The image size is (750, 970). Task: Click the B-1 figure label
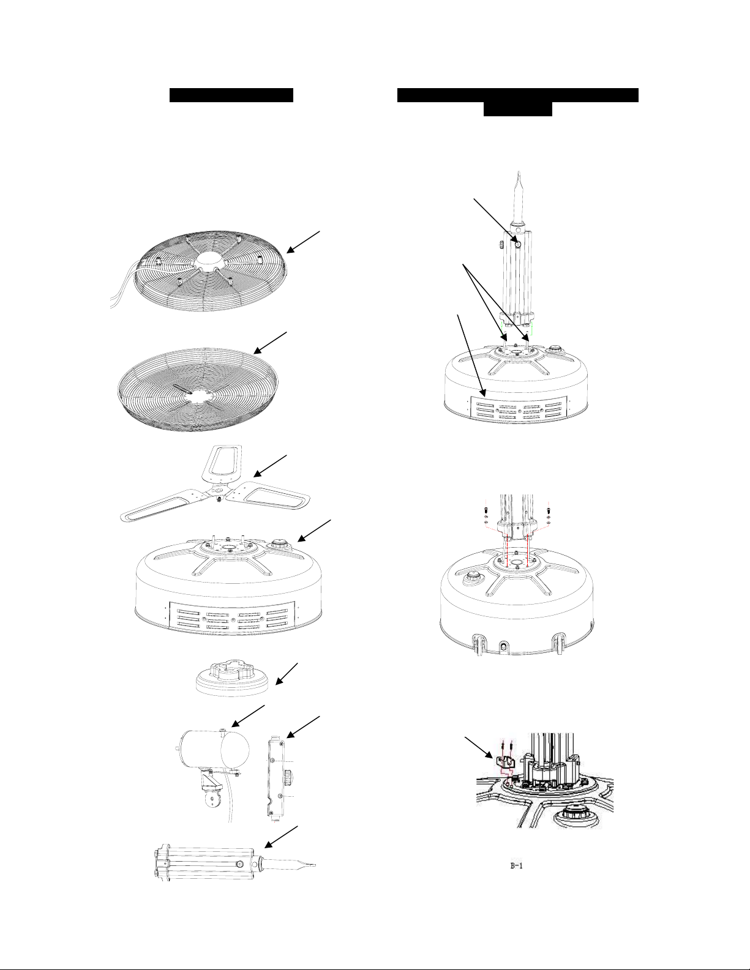point(517,866)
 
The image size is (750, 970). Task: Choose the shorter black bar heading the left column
point(231,95)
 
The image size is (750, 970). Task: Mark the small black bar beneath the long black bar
point(518,110)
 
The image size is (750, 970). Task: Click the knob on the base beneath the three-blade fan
point(279,544)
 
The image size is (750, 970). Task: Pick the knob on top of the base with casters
point(472,578)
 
